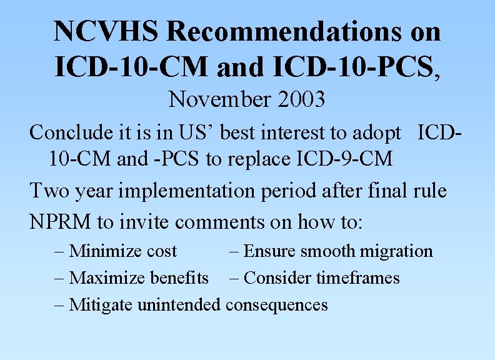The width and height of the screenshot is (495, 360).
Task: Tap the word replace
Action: pos(253,159)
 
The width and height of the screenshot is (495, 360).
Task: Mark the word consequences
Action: pos(276,304)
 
